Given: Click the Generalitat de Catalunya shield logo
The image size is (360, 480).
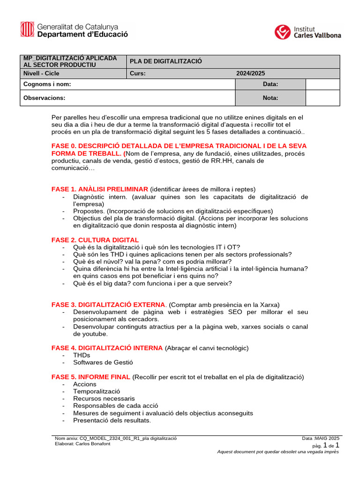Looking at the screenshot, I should tap(27, 30).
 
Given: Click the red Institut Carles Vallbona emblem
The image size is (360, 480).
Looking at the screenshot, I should tap(282, 32).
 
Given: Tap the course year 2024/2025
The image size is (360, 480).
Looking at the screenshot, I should tap(250, 73).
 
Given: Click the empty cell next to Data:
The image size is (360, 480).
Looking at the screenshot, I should tap(322, 84).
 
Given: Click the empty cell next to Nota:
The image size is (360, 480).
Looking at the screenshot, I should tap(322, 98).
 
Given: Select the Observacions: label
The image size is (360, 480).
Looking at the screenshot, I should tap(45, 98).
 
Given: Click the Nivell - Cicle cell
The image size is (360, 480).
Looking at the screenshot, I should tap(42, 73).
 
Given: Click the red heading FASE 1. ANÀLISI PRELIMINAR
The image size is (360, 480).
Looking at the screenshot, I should tap(99, 189).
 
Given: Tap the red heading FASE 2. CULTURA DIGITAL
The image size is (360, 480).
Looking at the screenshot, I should tap(95, 240).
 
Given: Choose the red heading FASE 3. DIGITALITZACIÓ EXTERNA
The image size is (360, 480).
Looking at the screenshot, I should tap(108, 305).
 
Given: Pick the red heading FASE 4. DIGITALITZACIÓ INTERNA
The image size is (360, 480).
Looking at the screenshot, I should tap(107, 348).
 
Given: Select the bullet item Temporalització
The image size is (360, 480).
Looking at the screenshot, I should tap(97, 391).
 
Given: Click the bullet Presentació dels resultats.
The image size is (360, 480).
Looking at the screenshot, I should tap(112, 420).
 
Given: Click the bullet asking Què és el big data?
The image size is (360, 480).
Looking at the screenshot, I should tap(152, 283).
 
